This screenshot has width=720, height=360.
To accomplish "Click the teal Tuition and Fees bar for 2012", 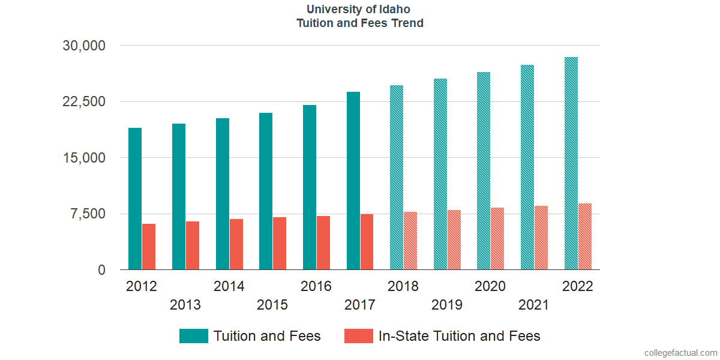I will (135, 199).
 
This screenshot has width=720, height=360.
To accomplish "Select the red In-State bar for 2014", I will (236, 244).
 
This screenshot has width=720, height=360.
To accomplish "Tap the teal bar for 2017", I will (353, 181).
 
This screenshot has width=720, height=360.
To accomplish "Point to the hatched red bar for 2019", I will (454, 240).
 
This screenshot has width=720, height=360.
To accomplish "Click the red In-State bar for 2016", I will (323, 243).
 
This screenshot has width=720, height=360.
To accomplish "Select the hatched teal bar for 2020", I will (484, 171).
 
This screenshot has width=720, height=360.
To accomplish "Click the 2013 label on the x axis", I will (185, 305).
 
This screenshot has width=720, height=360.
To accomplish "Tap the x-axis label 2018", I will (403, 286).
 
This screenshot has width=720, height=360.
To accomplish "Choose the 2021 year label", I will (534, 305).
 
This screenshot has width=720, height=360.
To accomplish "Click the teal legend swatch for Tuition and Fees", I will (193, 336).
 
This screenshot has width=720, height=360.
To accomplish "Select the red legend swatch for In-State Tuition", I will (358, 336).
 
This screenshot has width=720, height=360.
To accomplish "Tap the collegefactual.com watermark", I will (680, 353).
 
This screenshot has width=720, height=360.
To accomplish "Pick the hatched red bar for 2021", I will (541, 238).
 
